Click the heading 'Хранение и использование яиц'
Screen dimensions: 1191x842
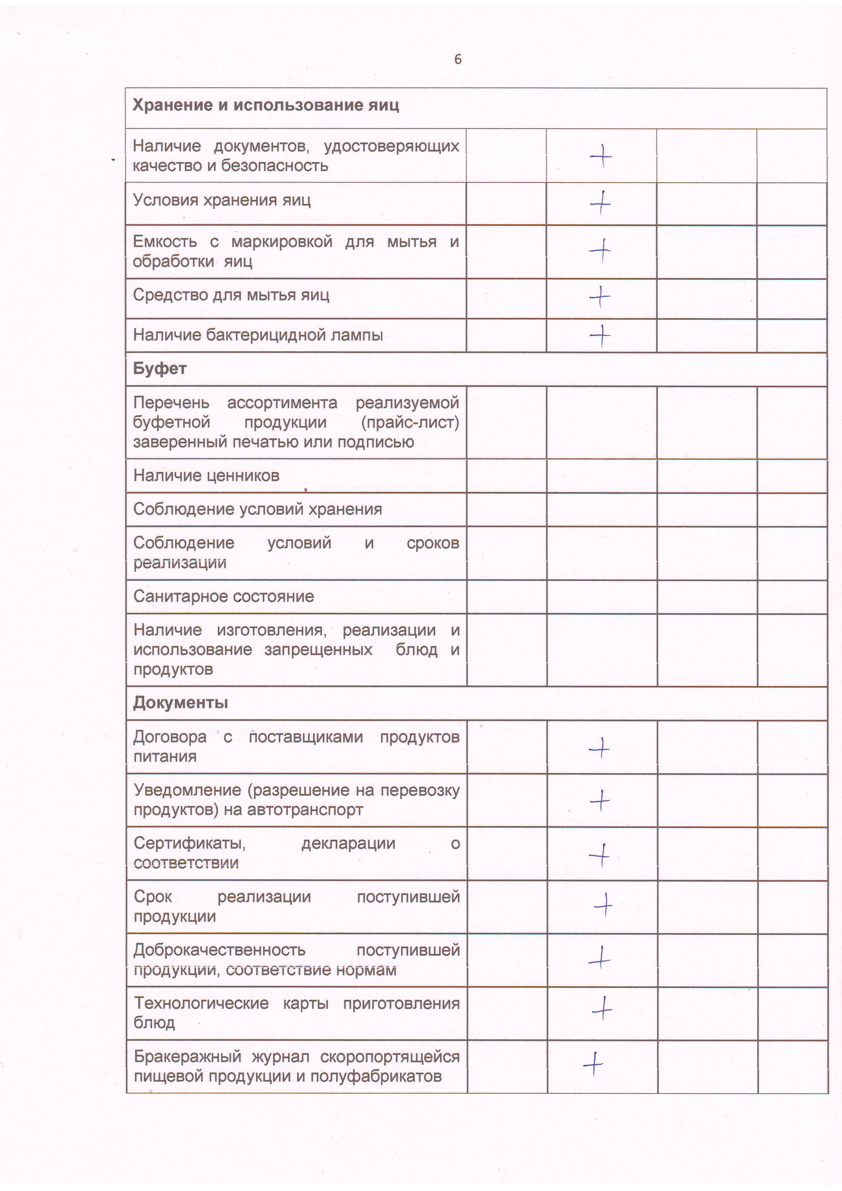pyautogui.click(x=266, y=105)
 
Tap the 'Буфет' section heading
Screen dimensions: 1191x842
pyautogui.click(x=160, y=369)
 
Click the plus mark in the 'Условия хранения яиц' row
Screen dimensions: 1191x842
pyautogui.click(x=601, y=203)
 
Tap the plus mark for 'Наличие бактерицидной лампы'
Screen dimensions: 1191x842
pyautogui.click(x=600, y=336)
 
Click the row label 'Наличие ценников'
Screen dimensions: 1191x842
pyautogui.click(x=206, y=476)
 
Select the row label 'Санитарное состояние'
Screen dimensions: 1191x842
pyautogui.click(x=224, y=597)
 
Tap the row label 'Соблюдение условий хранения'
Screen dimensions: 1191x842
pyautogui.click(x=257, y=509)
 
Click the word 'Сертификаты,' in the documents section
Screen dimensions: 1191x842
pyautogui.click(x=190, y=843)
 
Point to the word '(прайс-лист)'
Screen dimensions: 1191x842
pyautogui.click(x=410, y=423)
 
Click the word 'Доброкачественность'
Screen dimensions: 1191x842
pyautogui.click(x=219, y=950)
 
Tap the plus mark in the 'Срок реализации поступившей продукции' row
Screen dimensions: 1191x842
pyautogui.click(x=603, y=905)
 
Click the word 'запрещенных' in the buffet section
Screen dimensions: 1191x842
pyautogui.click(x=318, y=650)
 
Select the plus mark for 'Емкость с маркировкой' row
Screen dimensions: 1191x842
pyautogui.click(x=600, y=251)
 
